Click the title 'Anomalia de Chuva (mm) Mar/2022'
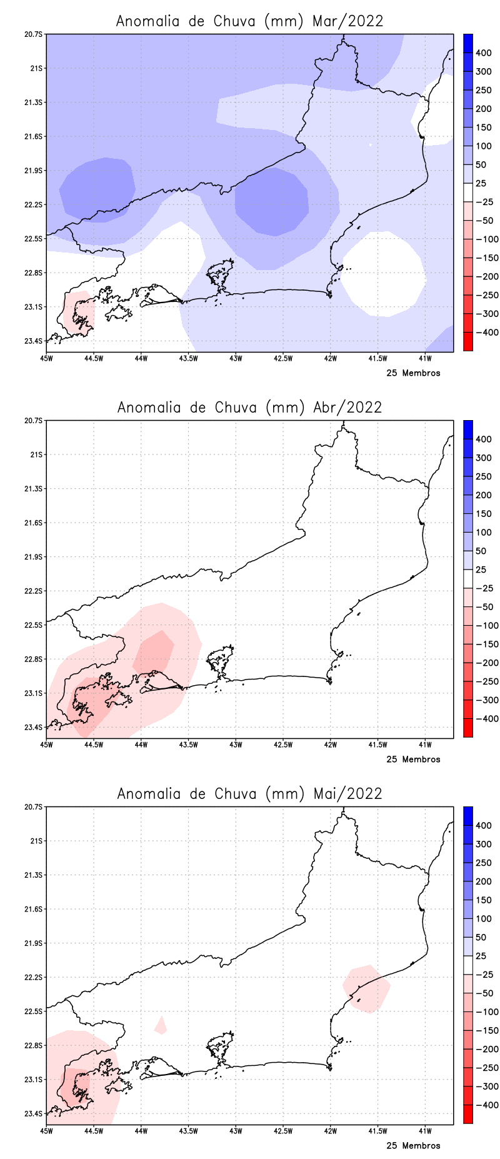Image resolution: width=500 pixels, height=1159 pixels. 249,21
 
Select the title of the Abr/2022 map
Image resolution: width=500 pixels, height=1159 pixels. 249,407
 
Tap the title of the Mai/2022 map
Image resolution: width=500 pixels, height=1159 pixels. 249,793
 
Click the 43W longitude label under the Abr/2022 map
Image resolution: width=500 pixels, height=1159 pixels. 236,745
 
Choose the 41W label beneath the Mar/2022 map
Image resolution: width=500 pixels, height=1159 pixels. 425,358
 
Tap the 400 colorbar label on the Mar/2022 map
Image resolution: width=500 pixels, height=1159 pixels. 483,53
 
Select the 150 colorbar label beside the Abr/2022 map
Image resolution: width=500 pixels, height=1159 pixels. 483,514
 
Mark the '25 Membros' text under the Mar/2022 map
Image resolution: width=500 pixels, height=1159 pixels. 413,373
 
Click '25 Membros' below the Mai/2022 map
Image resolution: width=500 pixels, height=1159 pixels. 413,1146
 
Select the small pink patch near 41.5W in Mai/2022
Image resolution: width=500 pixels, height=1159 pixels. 367,988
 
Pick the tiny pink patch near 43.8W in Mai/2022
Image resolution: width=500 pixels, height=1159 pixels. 161,1026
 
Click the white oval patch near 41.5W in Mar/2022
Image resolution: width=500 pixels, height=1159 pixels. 383,273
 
